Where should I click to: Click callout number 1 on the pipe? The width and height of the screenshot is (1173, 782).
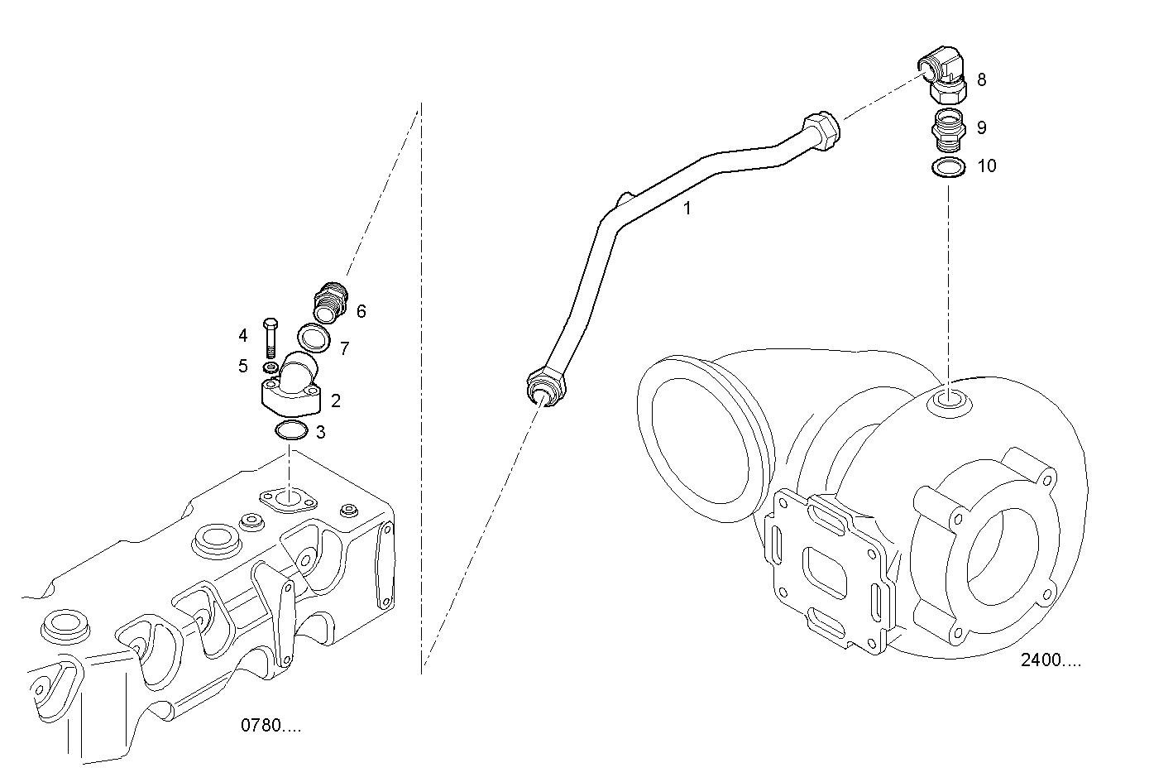tap(687, 209)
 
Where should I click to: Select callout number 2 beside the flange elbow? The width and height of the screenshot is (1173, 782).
tap(335, 401)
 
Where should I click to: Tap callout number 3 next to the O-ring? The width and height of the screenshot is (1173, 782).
tap(320, 432)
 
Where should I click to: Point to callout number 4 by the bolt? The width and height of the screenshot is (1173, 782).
tap(243, 335)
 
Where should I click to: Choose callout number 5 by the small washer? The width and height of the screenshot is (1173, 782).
tap(243, 366)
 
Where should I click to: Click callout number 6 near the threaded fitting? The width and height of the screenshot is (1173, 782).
tap(361, 311)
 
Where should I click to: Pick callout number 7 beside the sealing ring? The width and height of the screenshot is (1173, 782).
tap(344, 348)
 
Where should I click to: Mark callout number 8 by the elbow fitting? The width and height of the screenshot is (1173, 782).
tap(981, 79)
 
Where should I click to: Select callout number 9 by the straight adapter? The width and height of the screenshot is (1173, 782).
tap(981, 127)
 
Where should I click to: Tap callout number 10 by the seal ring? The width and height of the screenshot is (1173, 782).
tap(987, 166)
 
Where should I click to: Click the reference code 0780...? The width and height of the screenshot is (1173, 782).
tap(271, 726)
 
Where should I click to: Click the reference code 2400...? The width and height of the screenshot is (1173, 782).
tap(1051, 660)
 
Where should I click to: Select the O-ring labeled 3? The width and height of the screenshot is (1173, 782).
tap(290, 431)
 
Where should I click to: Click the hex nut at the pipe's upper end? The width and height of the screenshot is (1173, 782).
tap(820, 130)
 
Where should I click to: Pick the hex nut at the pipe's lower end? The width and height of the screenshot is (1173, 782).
tap(544, 388)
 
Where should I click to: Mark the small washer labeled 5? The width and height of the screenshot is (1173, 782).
tap(270, 367)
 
